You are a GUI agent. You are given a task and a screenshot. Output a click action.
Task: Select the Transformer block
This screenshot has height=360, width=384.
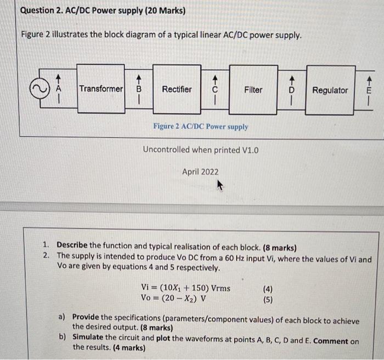(101, 89)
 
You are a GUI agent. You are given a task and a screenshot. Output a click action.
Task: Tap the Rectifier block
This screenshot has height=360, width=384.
(177, 89)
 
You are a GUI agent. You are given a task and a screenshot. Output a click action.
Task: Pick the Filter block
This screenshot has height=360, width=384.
(253, 89)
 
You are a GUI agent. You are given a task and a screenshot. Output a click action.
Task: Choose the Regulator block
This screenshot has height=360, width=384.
(330, 90)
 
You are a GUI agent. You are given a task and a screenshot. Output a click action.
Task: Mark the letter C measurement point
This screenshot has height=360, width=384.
(215, 89)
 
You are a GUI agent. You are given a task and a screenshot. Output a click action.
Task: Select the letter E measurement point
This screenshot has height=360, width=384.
(369, 90)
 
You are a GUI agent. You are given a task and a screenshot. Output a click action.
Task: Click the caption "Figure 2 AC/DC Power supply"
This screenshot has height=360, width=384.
(201, 127)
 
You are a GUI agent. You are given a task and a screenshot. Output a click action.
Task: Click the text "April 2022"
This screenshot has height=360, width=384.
(200, 172)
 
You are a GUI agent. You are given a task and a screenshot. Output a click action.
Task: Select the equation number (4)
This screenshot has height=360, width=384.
(267, 289)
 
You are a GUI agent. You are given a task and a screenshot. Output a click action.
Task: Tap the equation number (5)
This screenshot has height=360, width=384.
(267, 299)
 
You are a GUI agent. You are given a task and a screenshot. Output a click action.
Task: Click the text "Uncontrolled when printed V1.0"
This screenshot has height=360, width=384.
(200, 150)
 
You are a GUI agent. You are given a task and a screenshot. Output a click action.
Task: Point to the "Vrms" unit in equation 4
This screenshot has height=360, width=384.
(218, 288)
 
